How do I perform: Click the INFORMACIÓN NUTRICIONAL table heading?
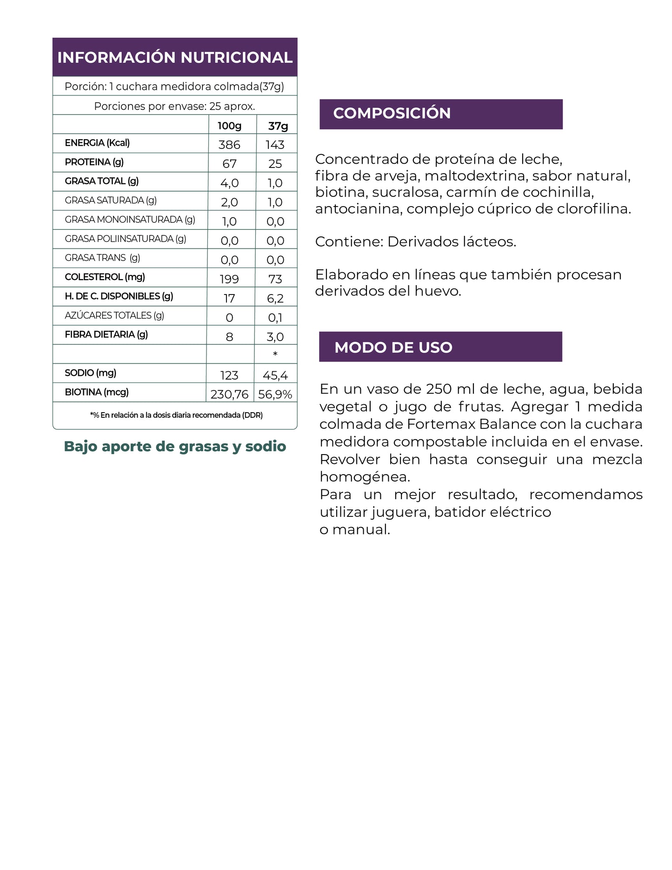pyautogui.click(x=175, y=57)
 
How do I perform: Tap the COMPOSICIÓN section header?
pyautogui.click(x=392, y=113)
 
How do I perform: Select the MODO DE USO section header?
pyautogui.click(x=393, y=347)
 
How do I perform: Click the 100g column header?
pyautogui.click(x=230, y=126)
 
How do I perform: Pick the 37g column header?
pyautogui.click(x=278, y=126)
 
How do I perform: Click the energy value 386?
pyautogui.click(x=229, y=145)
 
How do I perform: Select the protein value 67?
pyautogui.click(x=229, y=164)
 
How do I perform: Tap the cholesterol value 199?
pyautogui.click(x=229, y=279)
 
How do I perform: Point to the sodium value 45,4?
pyautogui.click(x=275, y=375)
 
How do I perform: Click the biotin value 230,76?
pyautogui.click(x=229, y=395)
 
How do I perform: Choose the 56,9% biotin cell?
pyautogui.click(x=275, y=395)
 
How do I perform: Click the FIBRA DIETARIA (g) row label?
pyautogui.click(x=106, y=335)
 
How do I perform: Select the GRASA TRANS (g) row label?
pyautogui.click(x=102, y=258)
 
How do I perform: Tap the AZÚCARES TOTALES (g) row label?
pyautogui.click(x=114, y=315)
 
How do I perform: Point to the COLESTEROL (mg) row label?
pyautogui.click(x=105, y=277)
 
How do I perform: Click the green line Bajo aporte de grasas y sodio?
pyautogui.click(x=175, y=446)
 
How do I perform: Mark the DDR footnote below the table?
pyautogui.click(x=176, y=415)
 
